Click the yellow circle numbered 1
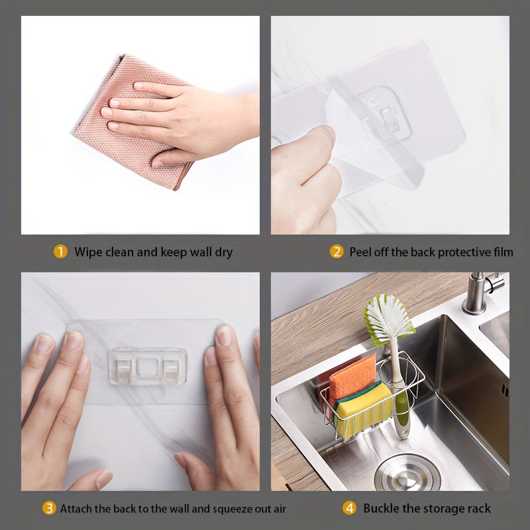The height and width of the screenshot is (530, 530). [x=60, y=252]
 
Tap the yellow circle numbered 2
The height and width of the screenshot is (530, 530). [x=337, y=252]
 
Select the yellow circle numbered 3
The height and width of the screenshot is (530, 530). [x=49, y=508]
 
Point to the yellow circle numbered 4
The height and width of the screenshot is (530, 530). [x=349, y=508]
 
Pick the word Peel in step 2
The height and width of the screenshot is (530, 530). [x=360, y=252]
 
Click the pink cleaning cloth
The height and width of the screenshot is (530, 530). [x=132, y=122]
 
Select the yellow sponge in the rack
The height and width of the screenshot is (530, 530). [x=363, y=409]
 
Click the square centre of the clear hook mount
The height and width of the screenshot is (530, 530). [x=146, y=367]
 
